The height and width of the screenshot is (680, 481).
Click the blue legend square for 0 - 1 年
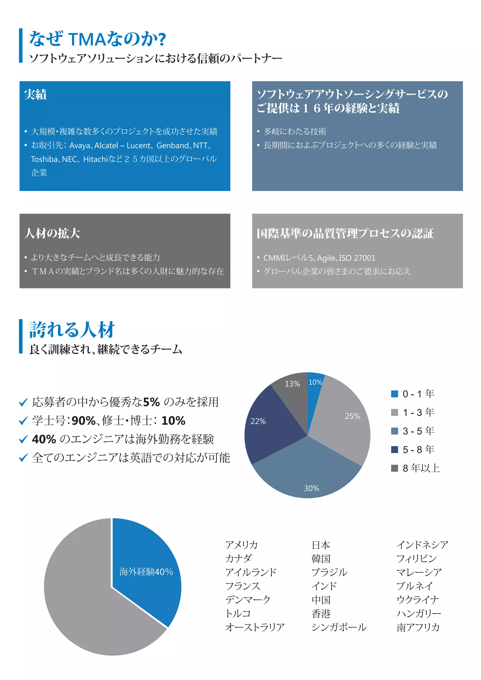(394, 394)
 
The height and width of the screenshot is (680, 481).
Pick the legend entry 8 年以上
(421, 468)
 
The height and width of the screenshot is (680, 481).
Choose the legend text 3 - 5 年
(418, 431)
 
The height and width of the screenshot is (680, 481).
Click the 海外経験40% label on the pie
(146, 572)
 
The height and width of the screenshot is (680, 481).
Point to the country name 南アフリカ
(418, 627)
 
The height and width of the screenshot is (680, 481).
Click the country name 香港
(321, 613)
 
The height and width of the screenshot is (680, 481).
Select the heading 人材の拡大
(52, 233)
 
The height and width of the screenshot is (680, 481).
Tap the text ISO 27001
(357, 258)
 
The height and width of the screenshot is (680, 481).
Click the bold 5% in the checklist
(151, 402)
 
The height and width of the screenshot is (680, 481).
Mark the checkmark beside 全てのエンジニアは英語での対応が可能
(23, 458)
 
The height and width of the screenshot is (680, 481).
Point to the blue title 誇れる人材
(72, 330)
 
